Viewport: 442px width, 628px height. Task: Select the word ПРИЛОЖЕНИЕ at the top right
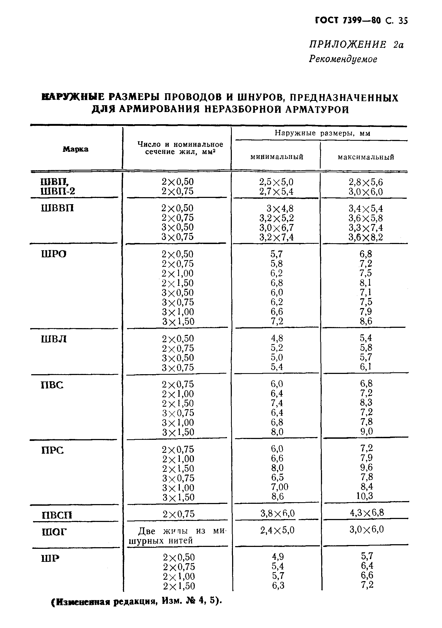pyautogui.click(x=348, y=44)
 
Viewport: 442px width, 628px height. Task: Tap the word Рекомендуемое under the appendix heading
pyautogui.click(x=343, y=59)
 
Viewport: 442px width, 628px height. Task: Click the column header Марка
pyautogui.click(x=76, y=149)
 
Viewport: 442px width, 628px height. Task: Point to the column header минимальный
pyautogui.click(x=277, y=157)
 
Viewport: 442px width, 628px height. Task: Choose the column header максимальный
pyautogui.click(x=366, y=157)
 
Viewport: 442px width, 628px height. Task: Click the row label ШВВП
pyautogui.click(x=57, y=209)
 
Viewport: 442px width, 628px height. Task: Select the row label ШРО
pyautogui.click(x=54, y=254)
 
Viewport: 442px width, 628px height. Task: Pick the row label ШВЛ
pyautogui.click(x=54, y=339)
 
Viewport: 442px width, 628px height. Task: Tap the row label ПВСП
pyautogui.click(x=57, y=515)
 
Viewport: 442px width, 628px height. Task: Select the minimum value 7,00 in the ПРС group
pyautogui.click(x=279, y=486)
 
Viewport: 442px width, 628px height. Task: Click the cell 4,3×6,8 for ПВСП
pyautogui.click(x=367, y=512)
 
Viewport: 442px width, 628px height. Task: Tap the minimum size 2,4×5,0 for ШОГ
pyautogui.click(x=277, y=531)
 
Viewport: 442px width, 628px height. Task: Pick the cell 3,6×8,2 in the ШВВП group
pyautogui.click(x=366, y=237)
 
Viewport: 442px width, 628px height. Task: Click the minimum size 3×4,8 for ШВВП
pyautogui.click(x=280, y=209)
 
